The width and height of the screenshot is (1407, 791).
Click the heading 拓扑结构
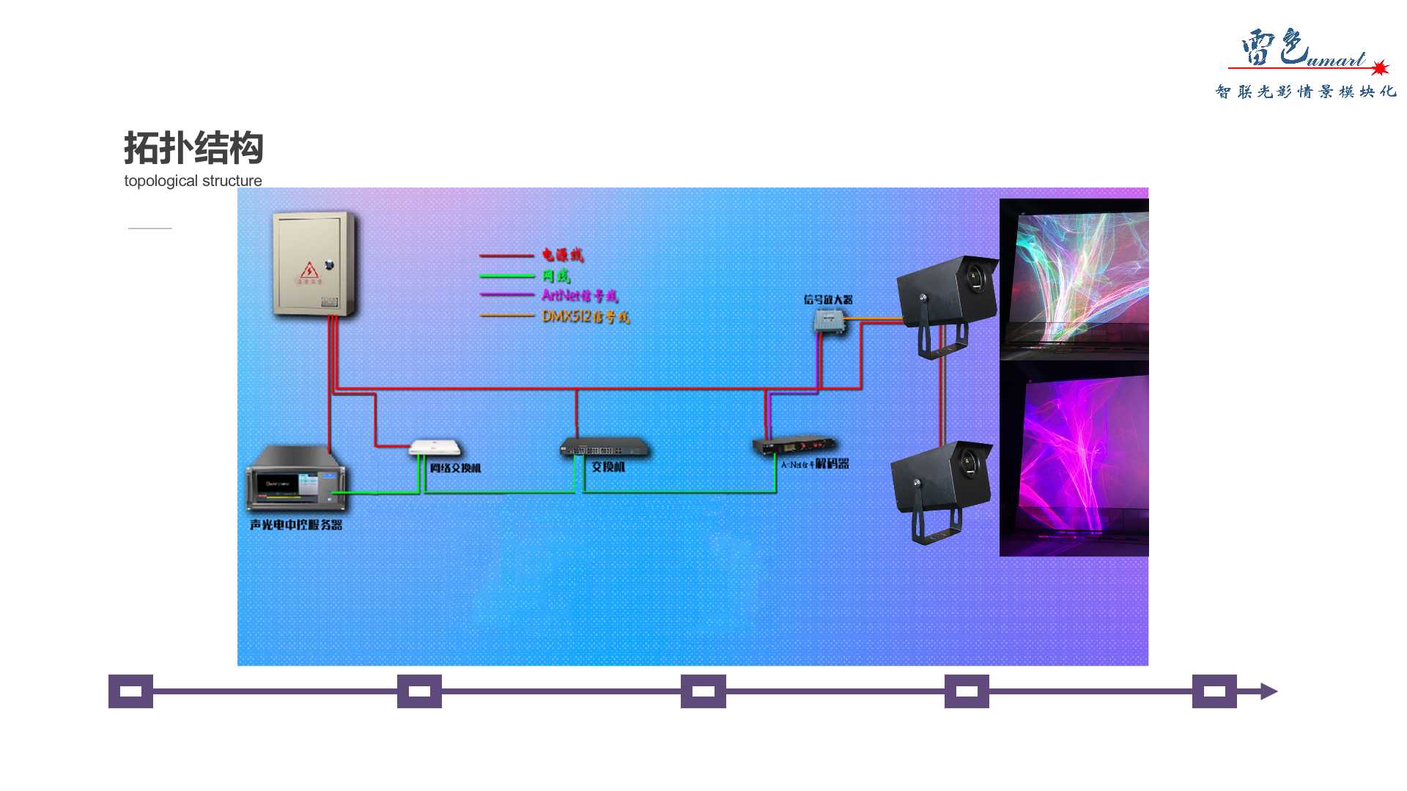pyautogui.click(x=193, y=148)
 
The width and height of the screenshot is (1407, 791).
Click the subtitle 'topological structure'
pyautogui.click(x=193, y=181)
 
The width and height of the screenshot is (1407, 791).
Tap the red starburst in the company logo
pyautogui.click(x=1380, y=68)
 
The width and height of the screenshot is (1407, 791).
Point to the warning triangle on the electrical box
pyautogui.click(x=309, y=270)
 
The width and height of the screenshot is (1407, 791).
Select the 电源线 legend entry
pyautogui.click(x=562, y=255)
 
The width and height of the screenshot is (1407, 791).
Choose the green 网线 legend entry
pyautogui.click(x=555, y=275)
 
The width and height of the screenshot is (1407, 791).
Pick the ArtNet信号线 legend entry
pyautogui.click(x=579, y=295)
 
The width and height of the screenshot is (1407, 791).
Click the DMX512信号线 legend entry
pyautogui.click(x=585, y=316)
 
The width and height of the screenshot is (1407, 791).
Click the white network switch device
pyautogui.click(x=435, y=447)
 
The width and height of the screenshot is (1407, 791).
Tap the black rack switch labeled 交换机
pyautogui.click(x=605, y=447)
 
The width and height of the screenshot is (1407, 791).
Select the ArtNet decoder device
pyautogui.click(x=794, y=445)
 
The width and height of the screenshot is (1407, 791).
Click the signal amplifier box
pyautogui.click(x=829, y=321)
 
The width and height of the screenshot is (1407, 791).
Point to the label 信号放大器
pyautogui.click(x=827, y=300)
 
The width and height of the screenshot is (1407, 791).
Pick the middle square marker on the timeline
pyautogui.click(x=703, y=691)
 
